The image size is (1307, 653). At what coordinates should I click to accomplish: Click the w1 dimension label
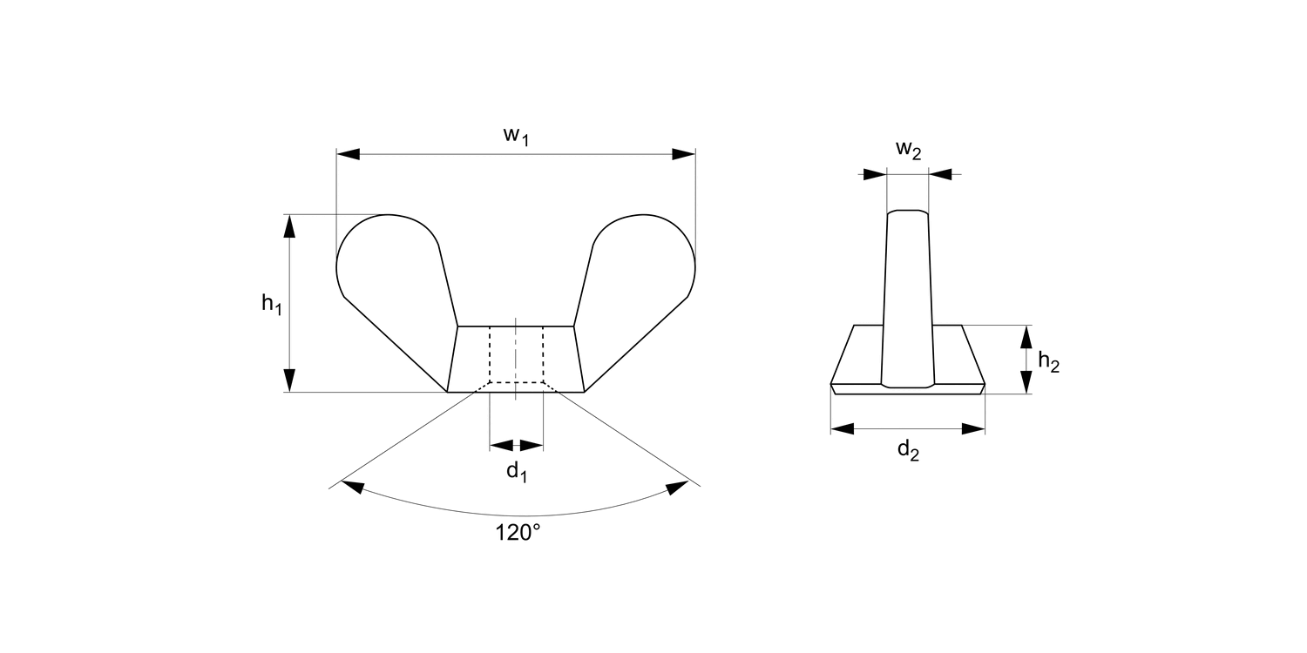pos(516,136)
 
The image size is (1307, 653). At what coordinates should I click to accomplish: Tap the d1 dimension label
pos(517,472)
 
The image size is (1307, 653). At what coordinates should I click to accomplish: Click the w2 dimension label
pos(908,150)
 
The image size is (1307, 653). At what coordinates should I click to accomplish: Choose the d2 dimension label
pos(908,450)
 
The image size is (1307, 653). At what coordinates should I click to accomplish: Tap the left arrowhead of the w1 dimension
pos(348,154)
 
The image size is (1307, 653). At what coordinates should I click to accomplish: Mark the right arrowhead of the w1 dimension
pos(684,154)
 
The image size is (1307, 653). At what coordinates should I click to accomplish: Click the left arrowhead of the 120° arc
pos(352,486)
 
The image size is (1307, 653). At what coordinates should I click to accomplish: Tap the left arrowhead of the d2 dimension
pos(842,428)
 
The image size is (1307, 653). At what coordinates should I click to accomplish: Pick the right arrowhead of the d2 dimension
pos(973,428)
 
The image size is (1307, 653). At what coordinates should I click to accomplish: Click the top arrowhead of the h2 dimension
pos(1026,337)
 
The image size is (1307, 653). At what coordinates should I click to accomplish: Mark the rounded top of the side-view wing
pos(907,212)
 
